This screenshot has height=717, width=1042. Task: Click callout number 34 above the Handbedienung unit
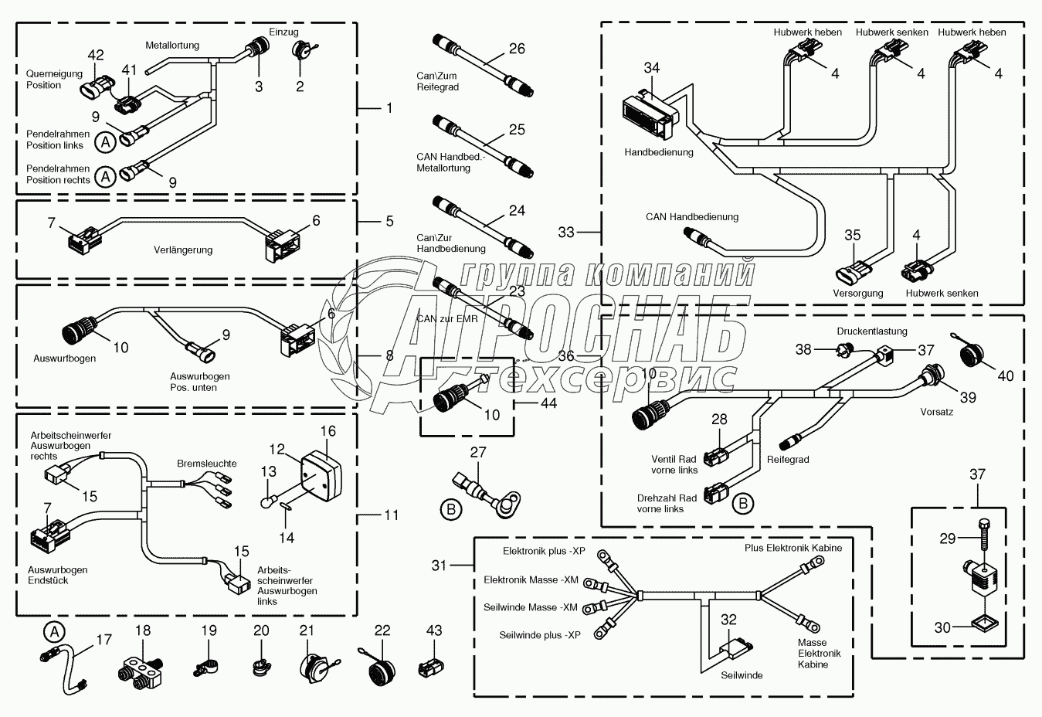pos(652,68)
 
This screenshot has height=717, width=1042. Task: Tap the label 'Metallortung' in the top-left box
pos(172,45)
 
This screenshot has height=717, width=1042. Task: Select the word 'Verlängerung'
pos(183,250)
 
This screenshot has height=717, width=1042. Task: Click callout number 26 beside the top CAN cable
pos(517,49)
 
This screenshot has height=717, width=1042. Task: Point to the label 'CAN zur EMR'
pos(447,319)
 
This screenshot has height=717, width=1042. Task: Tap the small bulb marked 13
pos(267,502)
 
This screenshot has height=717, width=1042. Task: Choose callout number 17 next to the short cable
pos(104,640)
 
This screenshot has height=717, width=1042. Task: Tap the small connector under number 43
pos(431,668)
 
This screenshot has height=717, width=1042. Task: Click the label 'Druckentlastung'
pos(872,331)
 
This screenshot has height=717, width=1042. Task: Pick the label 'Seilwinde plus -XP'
pos(540,635)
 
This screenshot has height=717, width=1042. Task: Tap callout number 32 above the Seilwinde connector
pos(728,620)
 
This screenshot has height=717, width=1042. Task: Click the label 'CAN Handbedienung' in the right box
pos(692,217)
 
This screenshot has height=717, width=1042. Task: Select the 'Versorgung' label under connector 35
pos(858,293)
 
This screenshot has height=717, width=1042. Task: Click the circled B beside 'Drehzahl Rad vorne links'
pos(743,504)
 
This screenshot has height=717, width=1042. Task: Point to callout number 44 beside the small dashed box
pos(549,403)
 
